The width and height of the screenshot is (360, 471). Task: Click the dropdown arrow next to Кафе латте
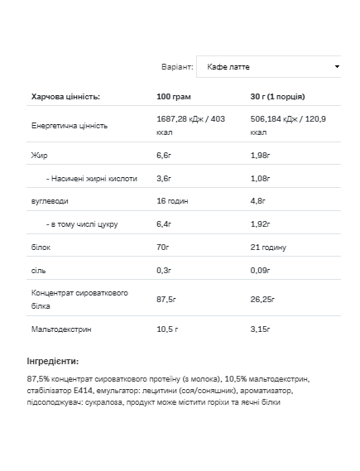click(x=337, y=66)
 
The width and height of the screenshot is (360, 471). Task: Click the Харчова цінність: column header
click(x=65, y=97)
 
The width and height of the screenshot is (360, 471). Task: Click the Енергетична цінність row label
click(x=70, y=125)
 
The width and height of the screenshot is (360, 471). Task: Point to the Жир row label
click(x=38, y=154)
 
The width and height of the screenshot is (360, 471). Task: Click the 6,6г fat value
click(x=164, y=154)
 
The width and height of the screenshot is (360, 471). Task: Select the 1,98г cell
click(x=260, y=154)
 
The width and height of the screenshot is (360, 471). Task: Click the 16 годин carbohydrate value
click(x=173, y=200)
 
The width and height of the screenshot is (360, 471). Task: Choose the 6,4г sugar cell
click(x=164, y=223)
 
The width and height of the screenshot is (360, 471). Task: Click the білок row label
click(x=41, y=247)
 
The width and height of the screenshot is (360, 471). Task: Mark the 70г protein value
click(x=163, y=247)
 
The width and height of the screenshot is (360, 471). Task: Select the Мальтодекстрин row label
click(x=62, y=329)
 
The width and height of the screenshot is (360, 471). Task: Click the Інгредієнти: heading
click(x=53, y=361)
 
